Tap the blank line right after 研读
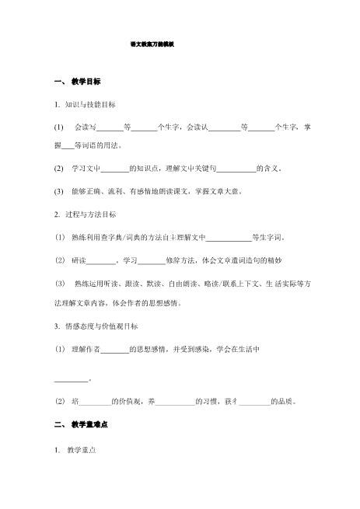pos(100,260)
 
